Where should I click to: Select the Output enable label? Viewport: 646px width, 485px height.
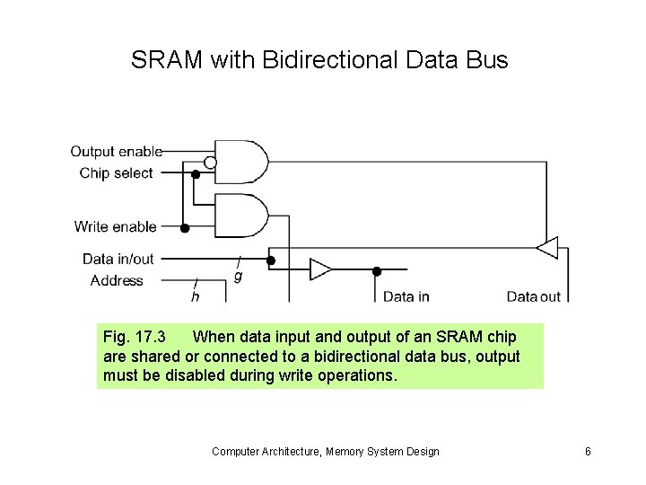[116, 152]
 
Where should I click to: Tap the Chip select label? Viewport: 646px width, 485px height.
[116, 172]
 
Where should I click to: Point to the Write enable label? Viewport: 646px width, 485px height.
[115, 227]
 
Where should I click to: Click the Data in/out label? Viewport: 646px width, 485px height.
[118, 259]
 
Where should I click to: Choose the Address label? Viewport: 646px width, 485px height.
[117, 280]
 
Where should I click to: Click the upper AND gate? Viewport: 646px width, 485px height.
[240, 162]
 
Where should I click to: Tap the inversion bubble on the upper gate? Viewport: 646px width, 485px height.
[210, 163]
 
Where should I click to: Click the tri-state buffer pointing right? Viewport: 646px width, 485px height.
[319, 269]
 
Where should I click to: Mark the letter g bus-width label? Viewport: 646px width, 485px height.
[238, 276]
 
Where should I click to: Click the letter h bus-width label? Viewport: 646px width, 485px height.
[196, 295]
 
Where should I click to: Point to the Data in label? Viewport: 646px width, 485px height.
[406, 296]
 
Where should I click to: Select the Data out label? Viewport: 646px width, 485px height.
[533, 296]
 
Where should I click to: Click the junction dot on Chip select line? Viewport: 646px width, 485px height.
[196, 174]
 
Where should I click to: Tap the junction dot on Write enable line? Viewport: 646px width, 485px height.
[185, 228]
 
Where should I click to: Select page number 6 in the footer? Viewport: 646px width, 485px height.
[588, 451]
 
